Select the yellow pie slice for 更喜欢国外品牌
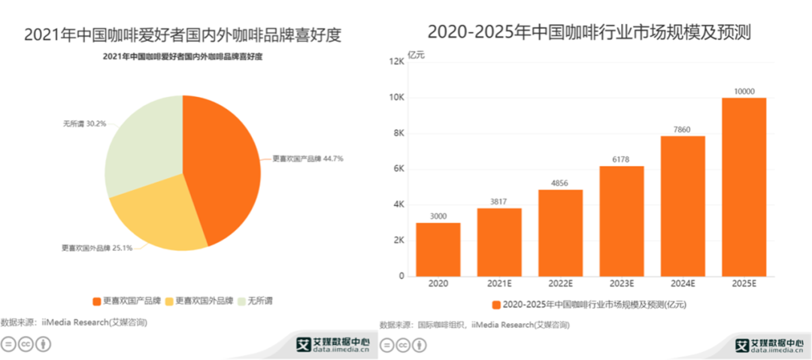pyautogui.click(x=158, y=218)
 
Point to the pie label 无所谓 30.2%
pyautogui.click(x=83, y=123)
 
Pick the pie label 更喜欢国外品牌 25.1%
pyautogui.click(x=96, y=247)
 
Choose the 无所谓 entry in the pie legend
pyautogui.click(x=256, y=301)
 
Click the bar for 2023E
pyautogui.click(x=621, y=221)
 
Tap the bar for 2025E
pyautogui.click(x=744, y=187)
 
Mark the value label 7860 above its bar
pyautogui.click(x=683, y=130)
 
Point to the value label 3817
pyautogui.click(x=499, y=201)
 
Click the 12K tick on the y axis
pyautogui.click(x=395, y=62)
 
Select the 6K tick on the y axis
pyautogui.click(x=398, y=169)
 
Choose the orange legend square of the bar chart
pyautogui.click(x=496, y=305)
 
